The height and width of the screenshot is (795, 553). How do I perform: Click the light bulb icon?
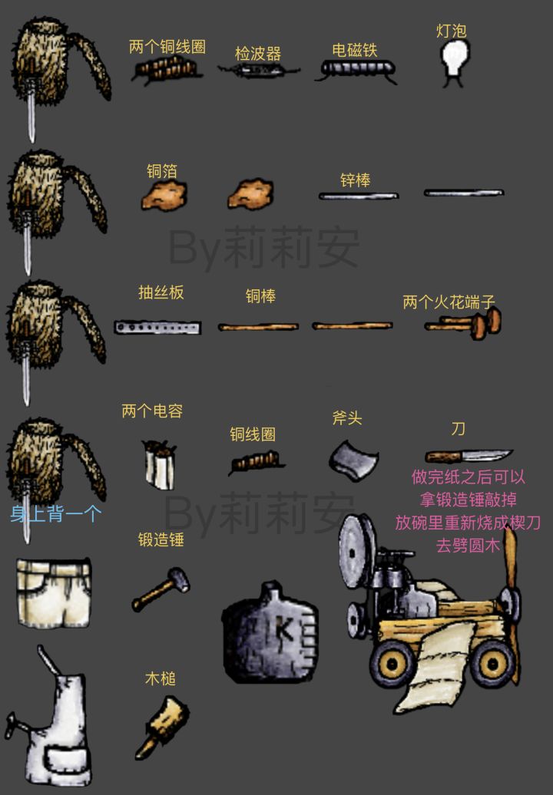coord(453,61)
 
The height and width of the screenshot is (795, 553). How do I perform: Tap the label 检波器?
coord(258,53)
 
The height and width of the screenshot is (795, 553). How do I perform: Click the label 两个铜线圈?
coord(167,47)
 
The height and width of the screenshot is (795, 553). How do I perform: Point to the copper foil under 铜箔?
coord(164,195)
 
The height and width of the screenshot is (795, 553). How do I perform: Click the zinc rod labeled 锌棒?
coord(359,196)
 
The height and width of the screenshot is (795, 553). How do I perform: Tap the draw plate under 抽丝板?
coord(157,327)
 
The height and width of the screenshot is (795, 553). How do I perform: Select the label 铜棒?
coord(261,295)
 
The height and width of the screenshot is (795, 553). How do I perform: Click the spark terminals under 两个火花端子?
coord(463,324)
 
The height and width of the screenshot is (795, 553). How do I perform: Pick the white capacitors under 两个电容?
coord(159,464)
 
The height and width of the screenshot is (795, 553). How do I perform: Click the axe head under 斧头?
coord(353,460)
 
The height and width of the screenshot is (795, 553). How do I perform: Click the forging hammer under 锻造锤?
coord(161,589)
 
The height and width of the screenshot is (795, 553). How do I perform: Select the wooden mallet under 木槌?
coord(162,725)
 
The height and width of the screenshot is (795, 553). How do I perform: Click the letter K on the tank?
coord(283,630)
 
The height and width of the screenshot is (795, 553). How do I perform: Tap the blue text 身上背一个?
coord(56,514)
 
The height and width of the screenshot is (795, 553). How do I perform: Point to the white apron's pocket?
coord(68,760)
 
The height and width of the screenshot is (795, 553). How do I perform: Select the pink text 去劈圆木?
coord(468,546)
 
